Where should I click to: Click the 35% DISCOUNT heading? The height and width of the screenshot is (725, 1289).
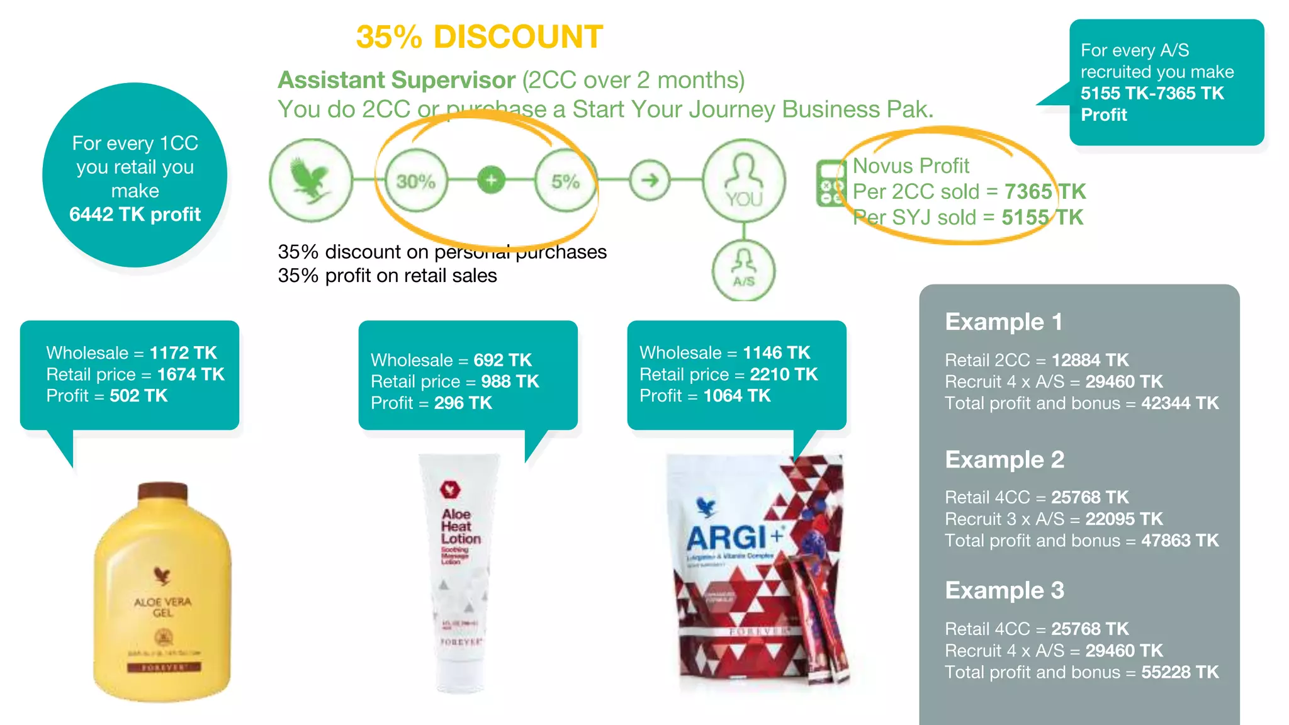(x=479, y=37)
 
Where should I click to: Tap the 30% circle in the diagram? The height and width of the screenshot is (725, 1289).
(x=416, y=181)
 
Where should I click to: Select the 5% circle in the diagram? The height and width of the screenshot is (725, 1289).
(x=565, y=181)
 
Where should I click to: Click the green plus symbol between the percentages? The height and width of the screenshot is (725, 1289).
(x=491, y=181)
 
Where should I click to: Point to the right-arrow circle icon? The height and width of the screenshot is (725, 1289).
(x=650, y=181)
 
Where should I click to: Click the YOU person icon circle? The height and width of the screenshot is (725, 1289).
(x=744, y=181)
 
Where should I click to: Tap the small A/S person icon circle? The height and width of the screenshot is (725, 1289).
(x=744, y=271)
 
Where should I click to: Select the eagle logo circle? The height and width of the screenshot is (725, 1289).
(x=311, y=181)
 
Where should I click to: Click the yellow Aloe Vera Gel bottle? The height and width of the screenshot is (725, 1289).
(x=162, y=604)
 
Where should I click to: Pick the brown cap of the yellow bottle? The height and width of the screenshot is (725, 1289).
(x=162, y=492)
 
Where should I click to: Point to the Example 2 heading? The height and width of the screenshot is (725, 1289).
(x=1005, y=459)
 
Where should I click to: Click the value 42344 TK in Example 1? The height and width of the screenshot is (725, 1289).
(x=1179, y=403)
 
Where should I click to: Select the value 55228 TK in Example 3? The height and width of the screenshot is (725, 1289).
(x=1179, y=672)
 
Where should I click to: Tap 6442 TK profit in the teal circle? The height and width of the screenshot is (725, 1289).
(x=135, y=215)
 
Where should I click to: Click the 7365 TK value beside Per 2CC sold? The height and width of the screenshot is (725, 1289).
(x=1045, y=191)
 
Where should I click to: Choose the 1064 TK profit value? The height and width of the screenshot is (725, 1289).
(x=736, y=396)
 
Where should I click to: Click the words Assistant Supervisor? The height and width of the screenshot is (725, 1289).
(x=397, y=80)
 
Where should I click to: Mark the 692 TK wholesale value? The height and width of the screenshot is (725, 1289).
(x=502, y=360)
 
